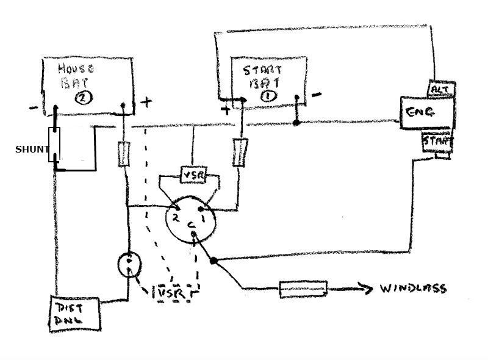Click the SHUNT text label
pos(32,149)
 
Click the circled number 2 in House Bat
pos(81,98)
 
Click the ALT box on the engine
pos(440,90)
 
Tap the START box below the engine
pos(438,142)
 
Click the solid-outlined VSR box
pos(195,176)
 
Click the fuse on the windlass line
pos(303,289)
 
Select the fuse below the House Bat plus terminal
pos(124,154)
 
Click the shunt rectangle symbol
pos(55,145)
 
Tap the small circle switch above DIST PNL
pos(129,264)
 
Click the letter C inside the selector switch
pos(192,226)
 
